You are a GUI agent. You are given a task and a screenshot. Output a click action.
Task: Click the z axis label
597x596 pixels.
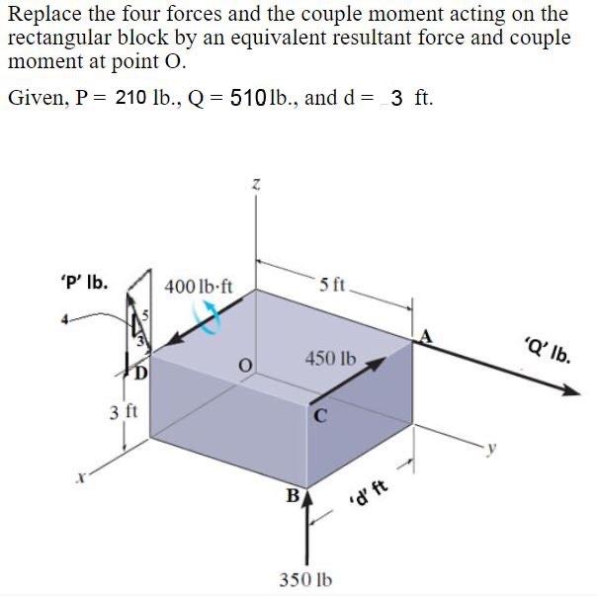coord(255,183)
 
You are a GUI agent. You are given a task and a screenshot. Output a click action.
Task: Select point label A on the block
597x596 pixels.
coord(428,337)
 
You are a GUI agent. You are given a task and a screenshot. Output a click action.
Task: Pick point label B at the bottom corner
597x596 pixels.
coord(293,492)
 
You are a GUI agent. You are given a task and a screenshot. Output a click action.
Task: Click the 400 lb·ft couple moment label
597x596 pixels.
coord(199,287)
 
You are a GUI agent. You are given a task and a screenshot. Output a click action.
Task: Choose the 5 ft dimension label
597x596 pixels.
coord(333,287)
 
